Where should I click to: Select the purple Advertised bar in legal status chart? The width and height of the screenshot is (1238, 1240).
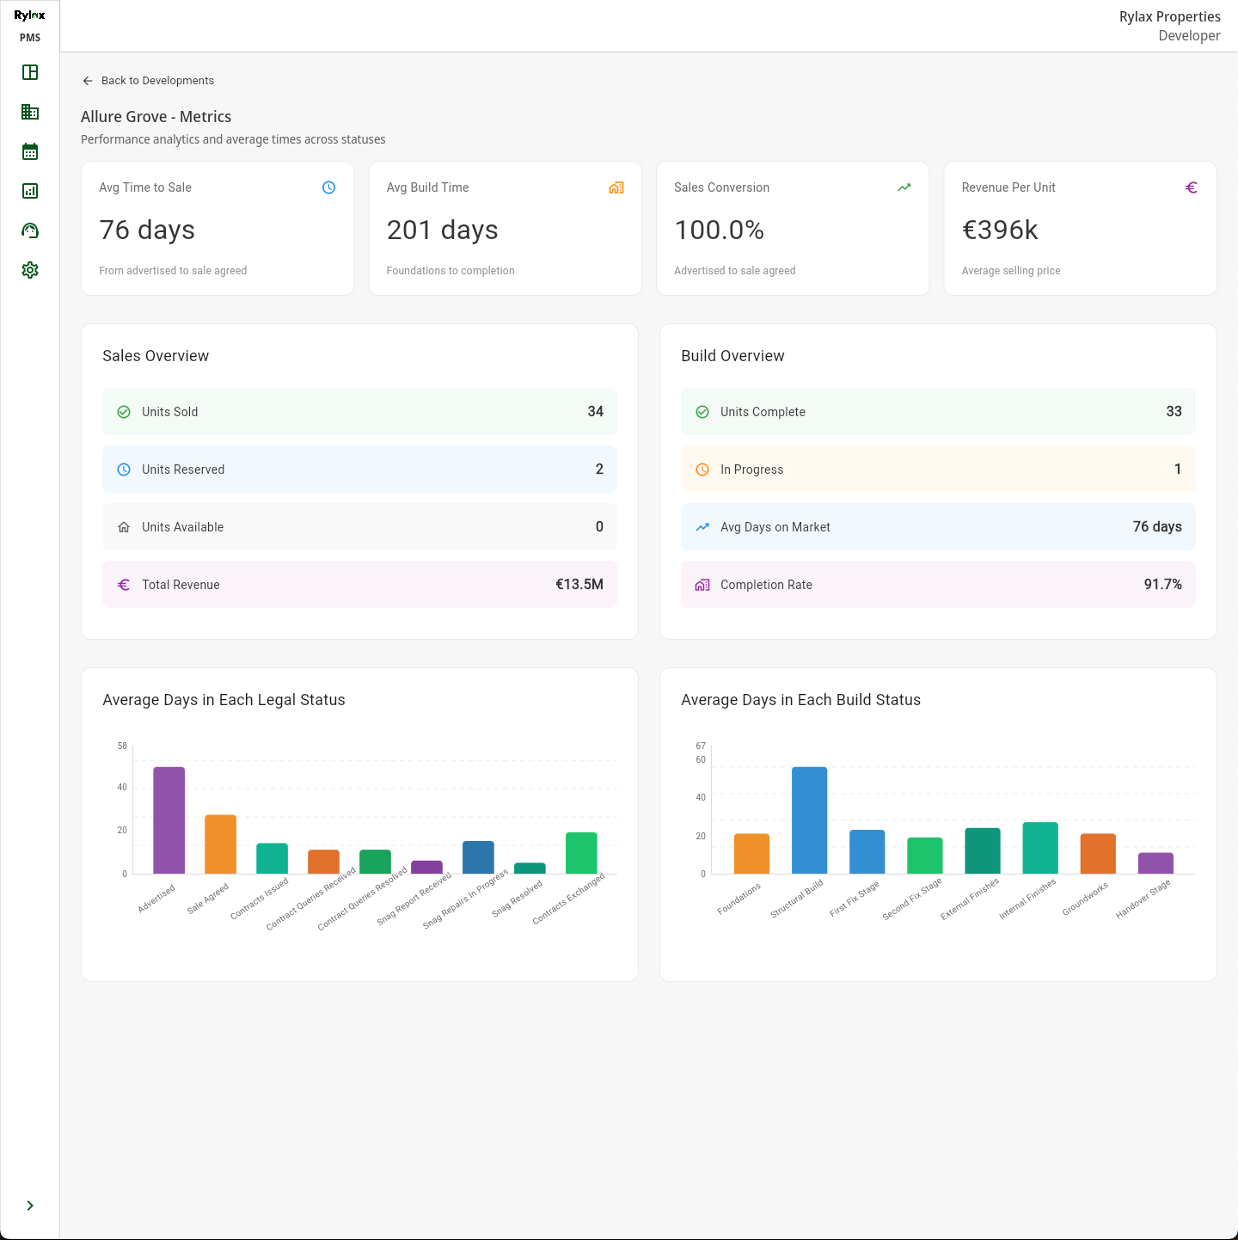169,820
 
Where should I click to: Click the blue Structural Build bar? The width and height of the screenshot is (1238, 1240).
809,820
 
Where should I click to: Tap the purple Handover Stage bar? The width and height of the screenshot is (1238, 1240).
1155,862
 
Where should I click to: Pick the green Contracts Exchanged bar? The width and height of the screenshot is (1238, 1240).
581,852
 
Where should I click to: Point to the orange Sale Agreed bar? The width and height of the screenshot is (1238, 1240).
220,844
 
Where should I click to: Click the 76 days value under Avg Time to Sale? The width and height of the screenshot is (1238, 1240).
147,230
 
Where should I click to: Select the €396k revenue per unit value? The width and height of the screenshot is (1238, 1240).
1000,230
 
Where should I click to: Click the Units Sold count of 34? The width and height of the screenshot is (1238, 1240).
595,412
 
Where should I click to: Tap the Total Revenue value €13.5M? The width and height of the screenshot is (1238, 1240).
579,585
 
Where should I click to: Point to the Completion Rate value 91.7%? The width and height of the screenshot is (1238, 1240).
1162,585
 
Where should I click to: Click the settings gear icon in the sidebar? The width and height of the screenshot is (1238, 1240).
30,270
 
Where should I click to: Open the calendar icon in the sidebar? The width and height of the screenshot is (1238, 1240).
30,151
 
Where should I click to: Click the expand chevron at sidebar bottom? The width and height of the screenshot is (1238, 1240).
30,1206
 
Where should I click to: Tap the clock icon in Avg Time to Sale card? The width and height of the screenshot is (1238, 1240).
328,187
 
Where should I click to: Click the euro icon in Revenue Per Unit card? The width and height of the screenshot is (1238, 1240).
1191,187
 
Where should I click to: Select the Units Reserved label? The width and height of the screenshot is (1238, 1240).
183,470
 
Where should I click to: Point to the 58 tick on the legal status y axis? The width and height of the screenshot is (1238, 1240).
122,746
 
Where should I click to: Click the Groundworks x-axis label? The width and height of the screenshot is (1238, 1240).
1085,899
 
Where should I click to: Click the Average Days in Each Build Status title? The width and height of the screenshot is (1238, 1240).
800,700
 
